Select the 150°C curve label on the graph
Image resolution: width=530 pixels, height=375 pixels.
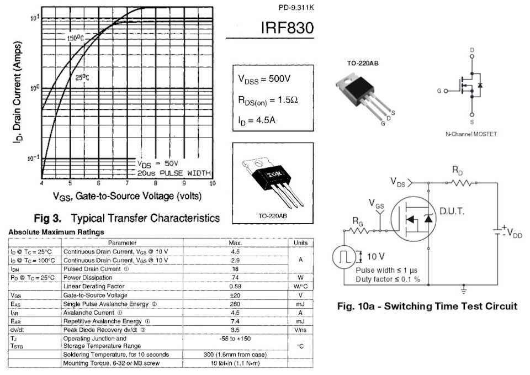pos(75,39)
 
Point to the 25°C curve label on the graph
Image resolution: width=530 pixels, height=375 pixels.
pos(82,78)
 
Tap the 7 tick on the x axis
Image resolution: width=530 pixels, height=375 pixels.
pos(128,183)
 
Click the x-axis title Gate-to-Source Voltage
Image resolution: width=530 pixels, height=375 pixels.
pos(127,196)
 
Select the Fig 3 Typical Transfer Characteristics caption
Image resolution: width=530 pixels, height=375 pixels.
pos(127,218)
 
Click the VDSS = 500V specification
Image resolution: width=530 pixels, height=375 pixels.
pos(264,80)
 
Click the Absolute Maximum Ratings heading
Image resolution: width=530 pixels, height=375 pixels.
pos(56,231)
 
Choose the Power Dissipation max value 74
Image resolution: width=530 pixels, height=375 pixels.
pos(235,277)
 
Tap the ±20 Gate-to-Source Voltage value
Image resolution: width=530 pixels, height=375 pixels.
pos(235,295)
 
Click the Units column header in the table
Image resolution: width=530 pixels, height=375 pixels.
pos(300,242)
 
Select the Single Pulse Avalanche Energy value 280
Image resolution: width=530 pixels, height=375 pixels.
pos(235,304)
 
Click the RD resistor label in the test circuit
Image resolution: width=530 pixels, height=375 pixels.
pos(458,170)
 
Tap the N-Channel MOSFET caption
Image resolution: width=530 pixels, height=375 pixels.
pos(471,134)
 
